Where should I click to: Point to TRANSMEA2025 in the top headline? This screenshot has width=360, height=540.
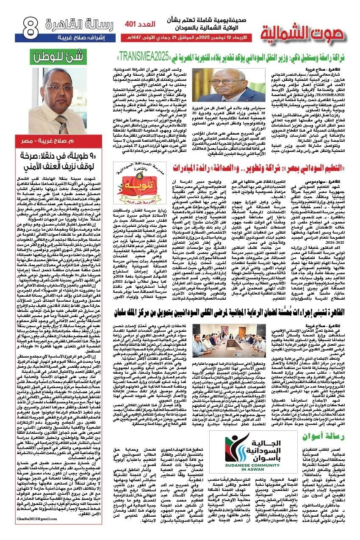pyautogui.click(x=144, y=55)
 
